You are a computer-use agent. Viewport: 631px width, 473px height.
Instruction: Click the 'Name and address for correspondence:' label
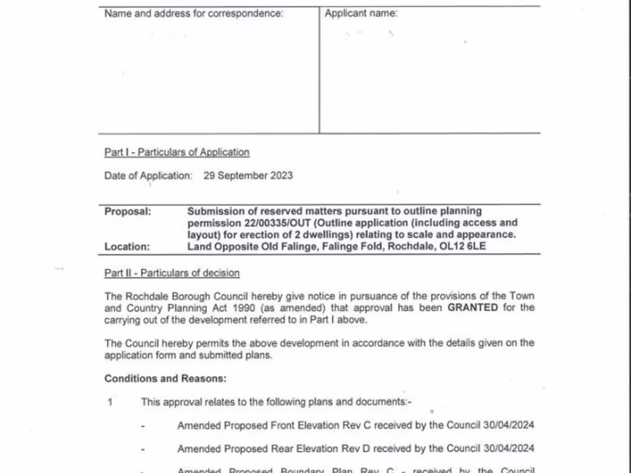click(x=193, y=14)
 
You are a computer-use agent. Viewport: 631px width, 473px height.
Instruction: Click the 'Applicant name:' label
click(x=361, y=14)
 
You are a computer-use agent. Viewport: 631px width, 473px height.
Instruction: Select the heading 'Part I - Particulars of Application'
click(x=177, y=152)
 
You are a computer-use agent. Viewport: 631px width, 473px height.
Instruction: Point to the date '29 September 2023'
click(x=248, y=176)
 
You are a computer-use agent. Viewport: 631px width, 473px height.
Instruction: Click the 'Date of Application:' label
click(x=148, y=176)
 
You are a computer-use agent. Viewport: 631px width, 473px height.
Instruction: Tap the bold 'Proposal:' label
click(x=128, y=211)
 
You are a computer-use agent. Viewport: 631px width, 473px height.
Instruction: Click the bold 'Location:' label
click(x=127, y=246)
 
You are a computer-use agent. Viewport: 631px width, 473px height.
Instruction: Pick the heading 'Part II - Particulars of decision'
click(x=172, y=273)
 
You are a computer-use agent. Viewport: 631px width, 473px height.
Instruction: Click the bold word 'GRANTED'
click(x=473, y=307)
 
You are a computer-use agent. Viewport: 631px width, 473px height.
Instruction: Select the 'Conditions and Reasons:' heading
click(x=165, y=379)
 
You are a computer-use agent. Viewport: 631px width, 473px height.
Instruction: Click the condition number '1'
click(x=110, y=402)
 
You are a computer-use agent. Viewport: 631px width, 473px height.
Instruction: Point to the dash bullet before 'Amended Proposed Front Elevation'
click(x=143, y=426)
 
